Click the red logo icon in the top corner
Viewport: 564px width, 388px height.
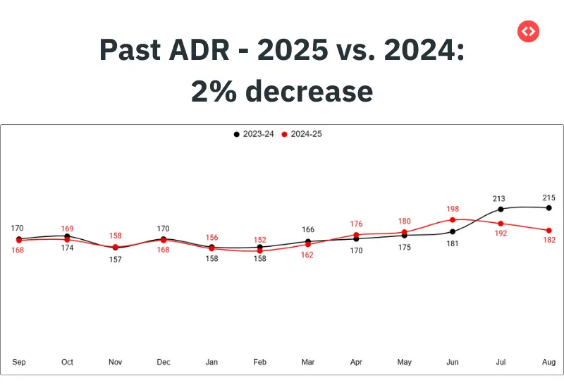coord(528,31)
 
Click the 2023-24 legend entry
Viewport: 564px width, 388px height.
coord(254,134)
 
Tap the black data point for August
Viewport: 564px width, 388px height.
coord(548,207)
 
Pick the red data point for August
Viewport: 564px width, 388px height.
coord(548,230)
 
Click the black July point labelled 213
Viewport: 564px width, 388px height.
coord(501,209)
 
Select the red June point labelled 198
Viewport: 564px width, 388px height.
coord(453,219)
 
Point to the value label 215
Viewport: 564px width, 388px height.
coord(548,198)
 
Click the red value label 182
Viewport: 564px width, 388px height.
coord(548,241)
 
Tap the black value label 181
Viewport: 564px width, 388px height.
coord(453,243)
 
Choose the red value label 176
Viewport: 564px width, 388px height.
coord(356,224)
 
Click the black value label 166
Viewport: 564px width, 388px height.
coord(308,230)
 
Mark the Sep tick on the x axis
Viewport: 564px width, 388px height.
coord(19,362)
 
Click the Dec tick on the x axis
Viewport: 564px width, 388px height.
coord(164,362)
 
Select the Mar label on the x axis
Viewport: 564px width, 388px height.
coord(308,362)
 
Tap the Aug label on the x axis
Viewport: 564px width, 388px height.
coord(548,362)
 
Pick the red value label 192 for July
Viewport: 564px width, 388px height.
coord(501,234)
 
